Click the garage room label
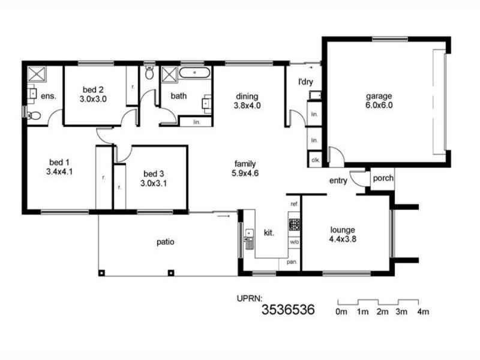[379, 101]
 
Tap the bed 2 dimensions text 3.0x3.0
[94, 100]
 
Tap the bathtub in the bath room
[195, 74]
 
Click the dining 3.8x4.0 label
[247, 101]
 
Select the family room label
[246, 168]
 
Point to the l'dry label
[306, 82]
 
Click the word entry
[338, 181]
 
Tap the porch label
[383, 178]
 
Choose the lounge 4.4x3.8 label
[343, 234]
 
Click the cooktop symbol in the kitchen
[295, 224]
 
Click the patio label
[166, 242]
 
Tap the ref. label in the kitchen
[294, 205]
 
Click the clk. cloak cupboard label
[314, 160]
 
